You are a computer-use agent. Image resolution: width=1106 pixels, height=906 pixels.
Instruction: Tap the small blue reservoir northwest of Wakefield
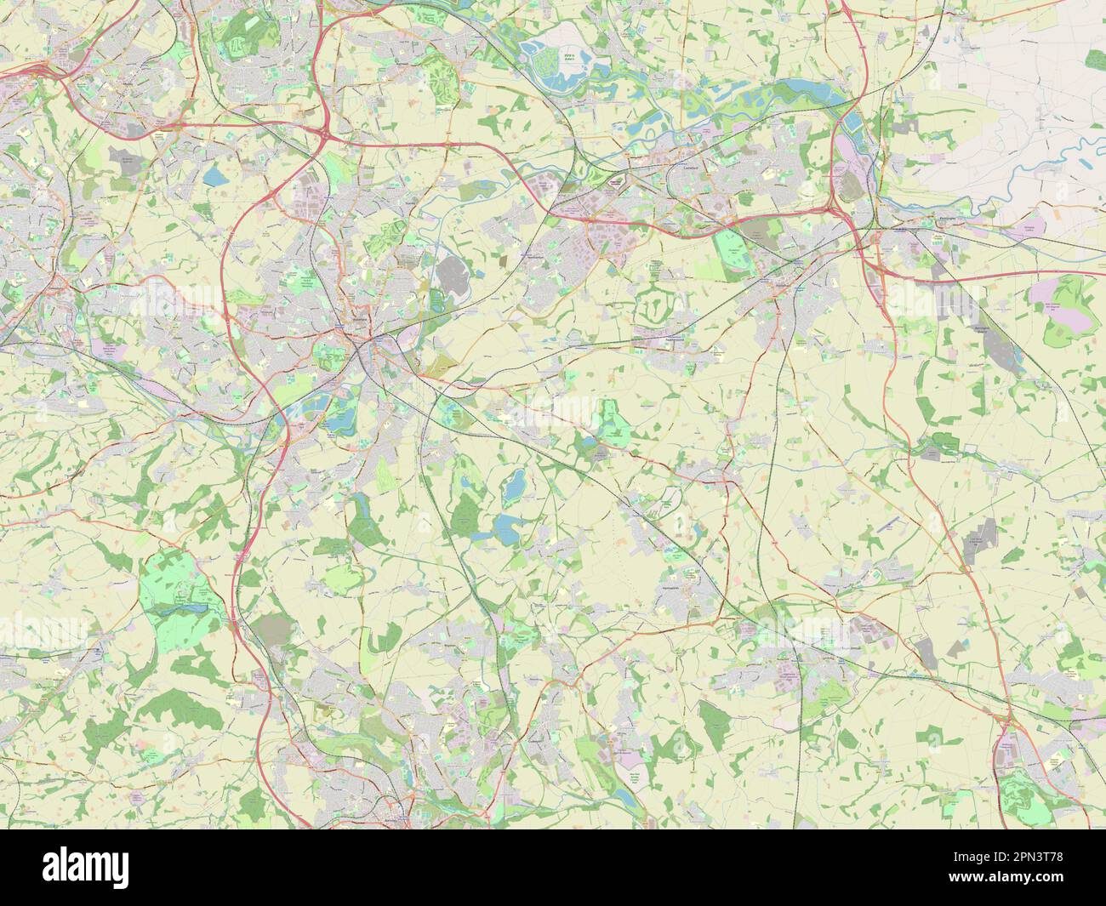211,176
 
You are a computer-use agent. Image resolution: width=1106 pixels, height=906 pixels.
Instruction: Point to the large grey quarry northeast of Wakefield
450,276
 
